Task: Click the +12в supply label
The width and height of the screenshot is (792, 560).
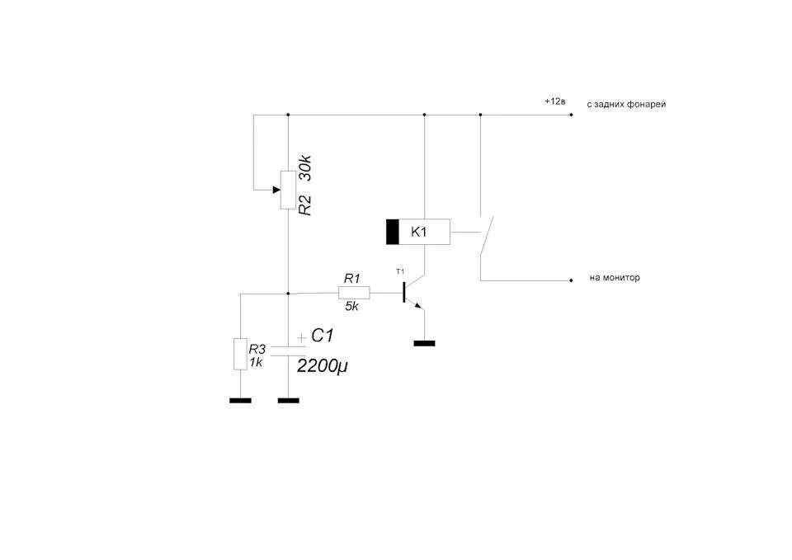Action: (x=554, y=101)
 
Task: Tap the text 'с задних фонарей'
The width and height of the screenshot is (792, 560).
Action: (x=626, y=105)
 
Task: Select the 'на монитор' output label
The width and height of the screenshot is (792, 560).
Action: (x=615, y=278)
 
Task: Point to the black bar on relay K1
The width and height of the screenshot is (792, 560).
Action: (x=393, y=233)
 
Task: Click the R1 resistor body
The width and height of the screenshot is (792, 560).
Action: (x=354, y=292)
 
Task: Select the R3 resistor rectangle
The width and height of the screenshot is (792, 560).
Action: (x=240, y=354)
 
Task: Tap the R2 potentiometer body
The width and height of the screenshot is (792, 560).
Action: (x=288, y=191)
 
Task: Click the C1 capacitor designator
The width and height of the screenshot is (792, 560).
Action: (x=322, y=336)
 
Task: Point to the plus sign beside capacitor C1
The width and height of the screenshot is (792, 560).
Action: (x=301, y=336)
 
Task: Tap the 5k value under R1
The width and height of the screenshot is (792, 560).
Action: (x=351, y=306)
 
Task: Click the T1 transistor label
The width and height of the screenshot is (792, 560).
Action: (x=401, y=271)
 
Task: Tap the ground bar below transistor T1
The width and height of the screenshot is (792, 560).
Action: (x=424, y=342)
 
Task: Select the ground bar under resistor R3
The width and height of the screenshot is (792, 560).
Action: (x=240, y=401)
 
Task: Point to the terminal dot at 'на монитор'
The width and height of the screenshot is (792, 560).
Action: (x=571, y=280)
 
